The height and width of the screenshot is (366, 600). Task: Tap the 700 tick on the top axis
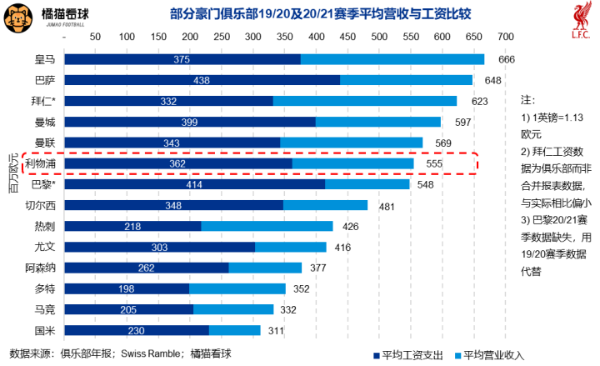(x=504, y=37)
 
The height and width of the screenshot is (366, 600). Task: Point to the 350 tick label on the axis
(x=284, y=37)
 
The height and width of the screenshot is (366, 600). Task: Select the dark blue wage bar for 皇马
(x=182, y=59)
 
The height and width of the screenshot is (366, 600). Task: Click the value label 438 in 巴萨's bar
(x=201, y=80)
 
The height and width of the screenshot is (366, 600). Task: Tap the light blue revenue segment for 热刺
(x=267, y=226)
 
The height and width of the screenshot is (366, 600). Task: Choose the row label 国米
(x=45, y=330)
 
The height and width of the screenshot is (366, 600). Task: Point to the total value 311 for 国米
(x=297, y=330)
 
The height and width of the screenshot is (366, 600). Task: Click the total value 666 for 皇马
(x=507, y=59)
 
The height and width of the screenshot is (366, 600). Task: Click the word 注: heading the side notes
(x=527, y=98)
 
